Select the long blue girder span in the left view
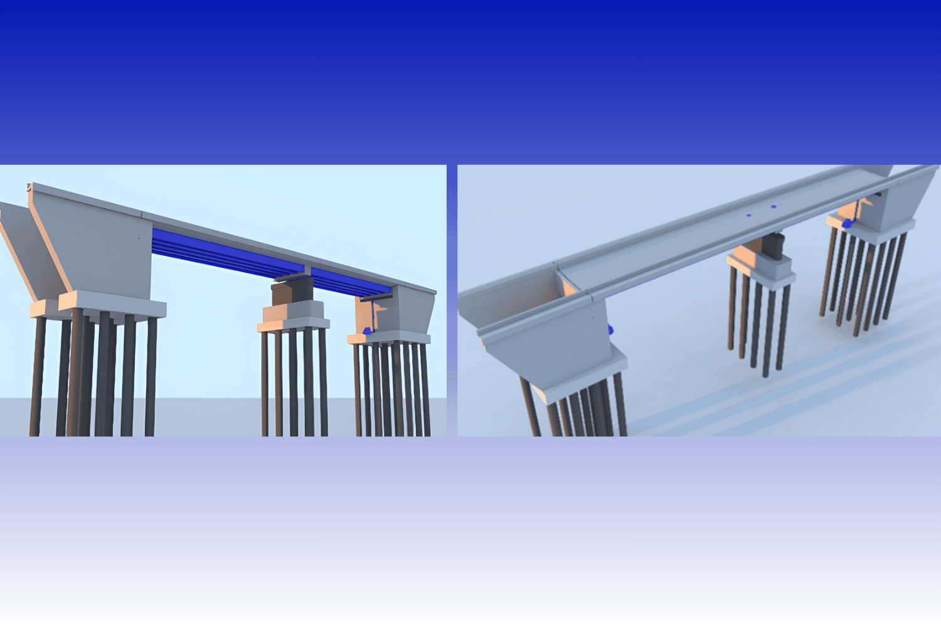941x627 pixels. (220, 254)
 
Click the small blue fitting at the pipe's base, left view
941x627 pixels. (367, 330)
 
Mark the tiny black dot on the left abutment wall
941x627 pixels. (139, 238)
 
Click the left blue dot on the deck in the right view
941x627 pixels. (748, 215)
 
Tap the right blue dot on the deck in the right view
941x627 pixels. (773, 206)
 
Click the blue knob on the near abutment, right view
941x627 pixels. (610, 330)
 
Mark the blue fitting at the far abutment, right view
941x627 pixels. (848, 224)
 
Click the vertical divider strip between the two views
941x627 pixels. (452, 301)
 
